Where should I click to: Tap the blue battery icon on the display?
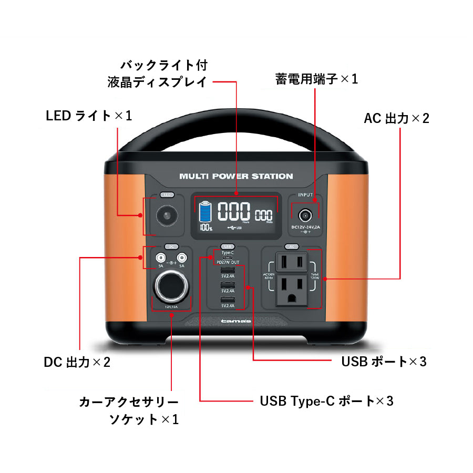pyautogui.click(x=205, y=212)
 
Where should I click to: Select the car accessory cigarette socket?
pyautogui.click(x=172, y=286)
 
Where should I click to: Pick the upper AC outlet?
pyautogui.click(x=292, y=261)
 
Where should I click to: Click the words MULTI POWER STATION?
pyautogui.click(x=236, y=177)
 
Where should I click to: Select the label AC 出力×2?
pyautogui.click(x=396, y=118)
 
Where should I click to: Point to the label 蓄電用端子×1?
pyautogui.click(x=316, y=79)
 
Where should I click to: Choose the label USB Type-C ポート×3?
pyautogui.click(x=326, y=401)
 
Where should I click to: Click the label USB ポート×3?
pyautogui.click(x=384, y=362)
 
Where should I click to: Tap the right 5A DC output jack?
pyautogui.click(x=182, y=258)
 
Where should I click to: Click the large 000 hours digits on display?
pyautogui.click(x=234, y=212)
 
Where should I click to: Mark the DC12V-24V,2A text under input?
pyautogui.click(x=305, y=227)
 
